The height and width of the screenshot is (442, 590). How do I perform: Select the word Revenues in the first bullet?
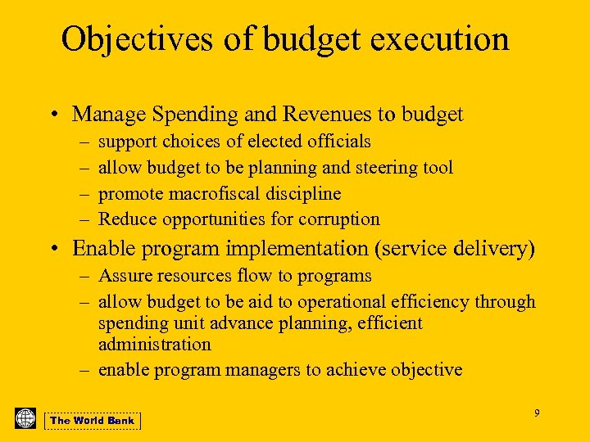coord(302,114)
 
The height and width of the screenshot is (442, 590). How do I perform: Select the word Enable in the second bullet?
coord(102,248)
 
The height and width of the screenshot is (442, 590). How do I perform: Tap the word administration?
coord(154,345)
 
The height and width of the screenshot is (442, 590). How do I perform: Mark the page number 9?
coord(537,413)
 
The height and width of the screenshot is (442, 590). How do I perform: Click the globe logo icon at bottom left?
coord(25,418)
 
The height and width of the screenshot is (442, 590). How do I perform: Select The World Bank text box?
coord(92,421)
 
